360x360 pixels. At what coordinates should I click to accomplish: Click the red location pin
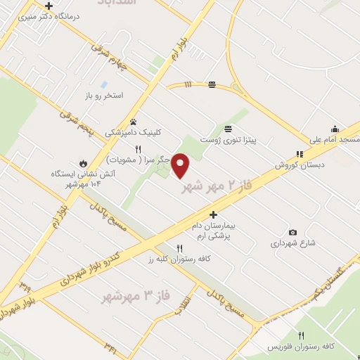[x=181, y=165]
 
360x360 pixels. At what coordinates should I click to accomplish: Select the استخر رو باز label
[x=103, y=94]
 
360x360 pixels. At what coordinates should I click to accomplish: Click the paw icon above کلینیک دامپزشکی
[x=132, y=122]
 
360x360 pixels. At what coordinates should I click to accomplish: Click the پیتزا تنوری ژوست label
[x=227, y=140]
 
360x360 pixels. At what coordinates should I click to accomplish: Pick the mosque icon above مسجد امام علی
[x=335, y=129]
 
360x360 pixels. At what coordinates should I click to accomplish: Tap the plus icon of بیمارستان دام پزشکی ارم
[x=213, y=214]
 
